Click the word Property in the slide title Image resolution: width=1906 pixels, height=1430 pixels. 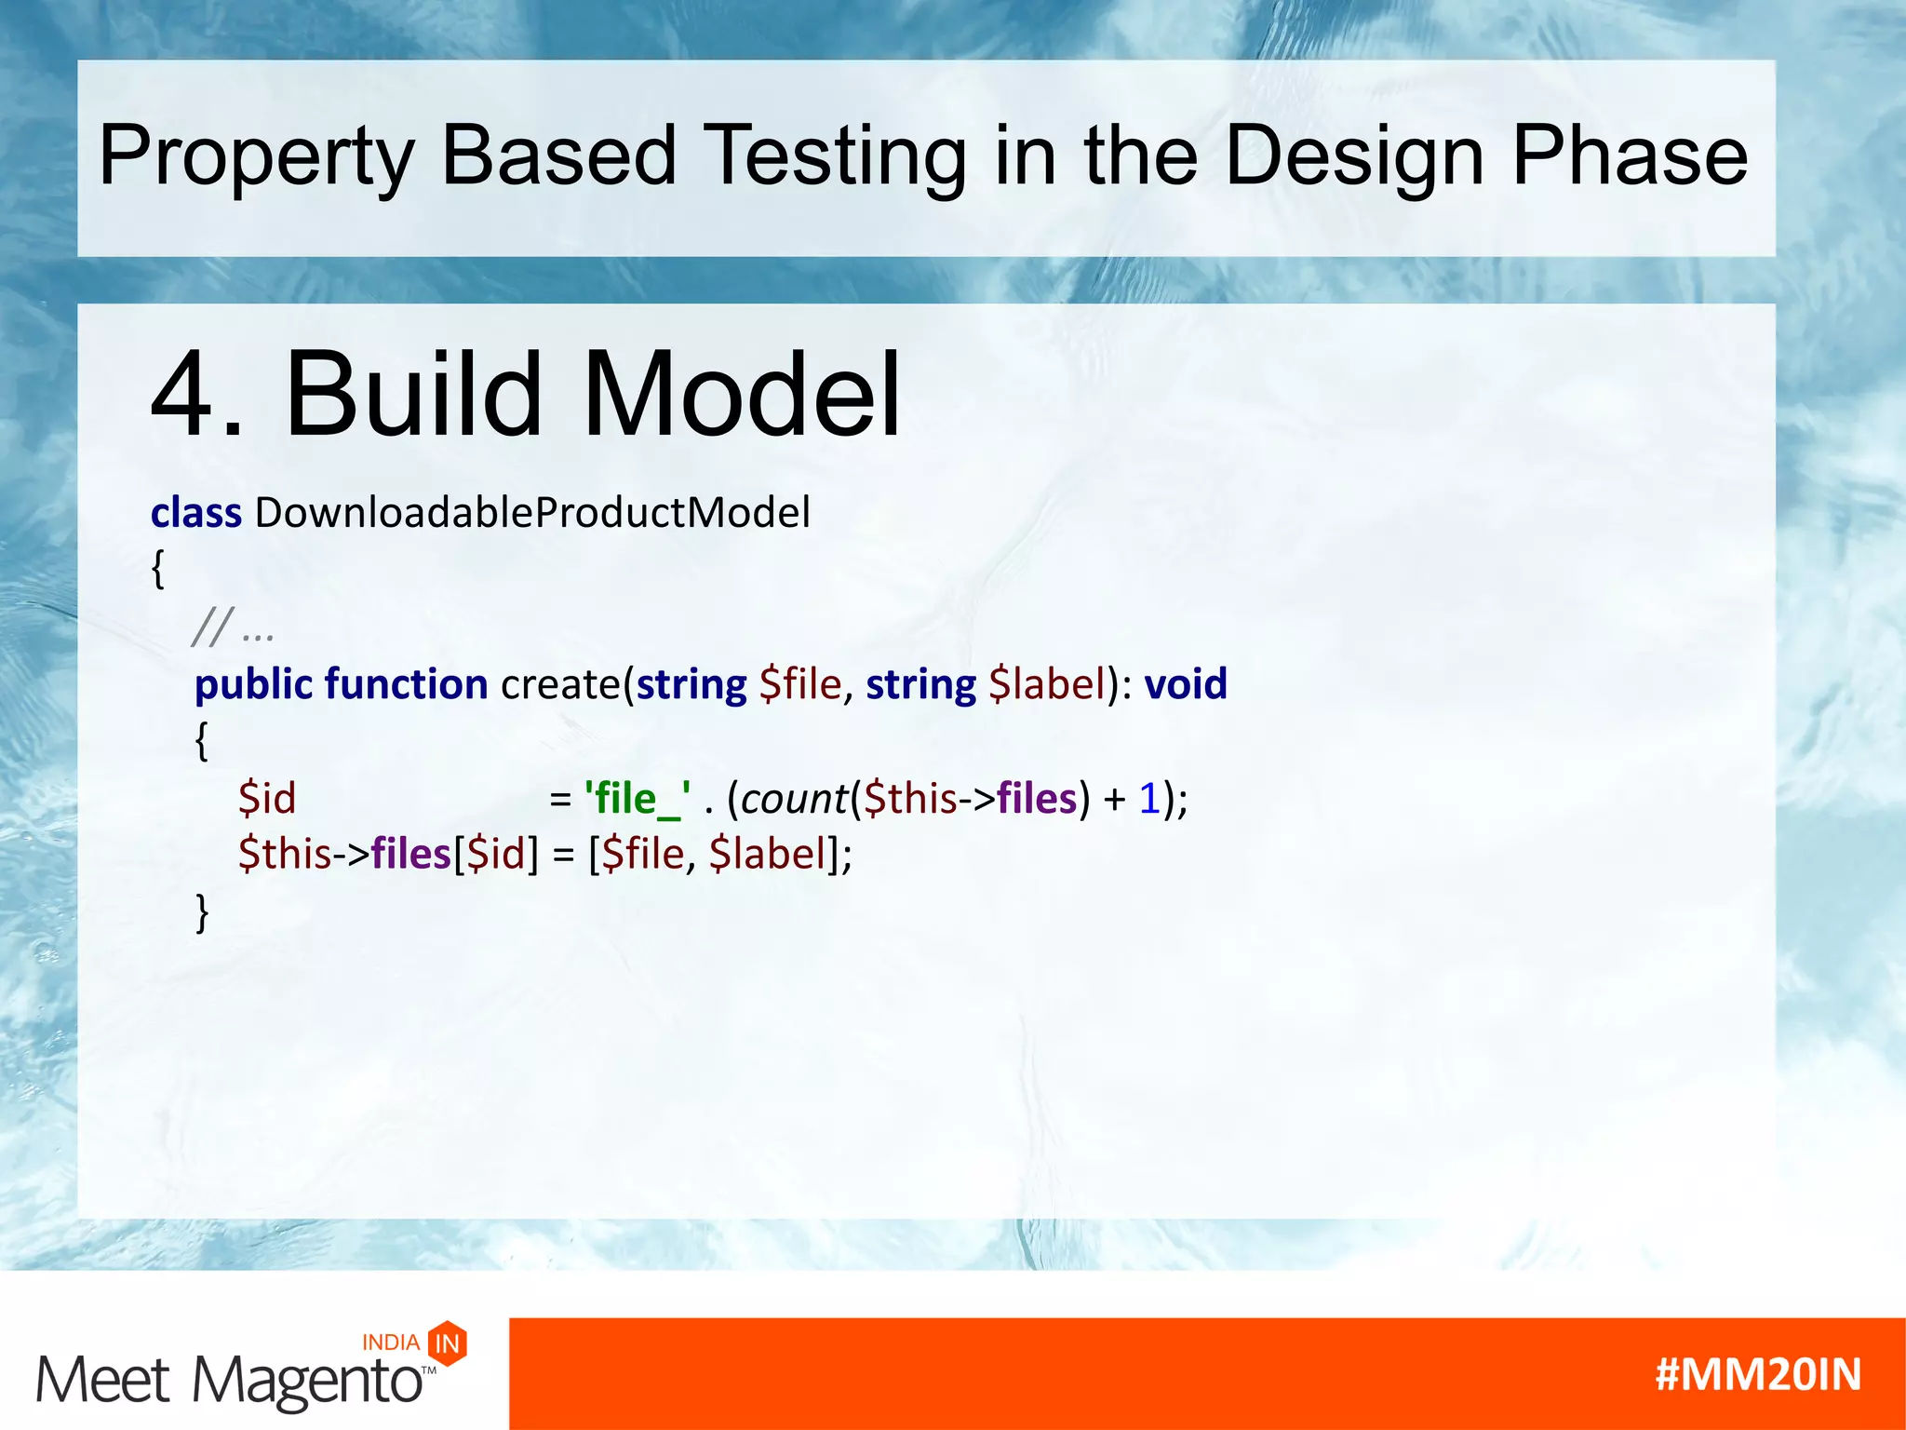point(256,156)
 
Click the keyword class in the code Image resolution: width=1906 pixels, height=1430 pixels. point(196,513)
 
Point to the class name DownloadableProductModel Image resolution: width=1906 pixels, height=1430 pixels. point(532,513)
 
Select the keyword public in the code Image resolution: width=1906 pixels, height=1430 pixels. point(253,685)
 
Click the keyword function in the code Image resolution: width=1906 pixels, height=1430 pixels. point(407,685)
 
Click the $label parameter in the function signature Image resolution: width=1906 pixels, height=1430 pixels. point(1047,685)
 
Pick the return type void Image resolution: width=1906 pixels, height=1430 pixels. point(1186,685)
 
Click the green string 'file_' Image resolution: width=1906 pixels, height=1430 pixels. point(637,800)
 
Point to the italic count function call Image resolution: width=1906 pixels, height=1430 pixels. point(794,800)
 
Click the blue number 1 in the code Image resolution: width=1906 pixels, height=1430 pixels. point(1149,800)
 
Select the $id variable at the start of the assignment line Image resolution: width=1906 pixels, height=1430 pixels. point(267,800)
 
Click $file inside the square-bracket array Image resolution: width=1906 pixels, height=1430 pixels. point(643,855)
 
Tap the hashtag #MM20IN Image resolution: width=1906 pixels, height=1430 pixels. point(1758,1375)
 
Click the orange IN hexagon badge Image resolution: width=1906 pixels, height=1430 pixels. point(448,1343)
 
